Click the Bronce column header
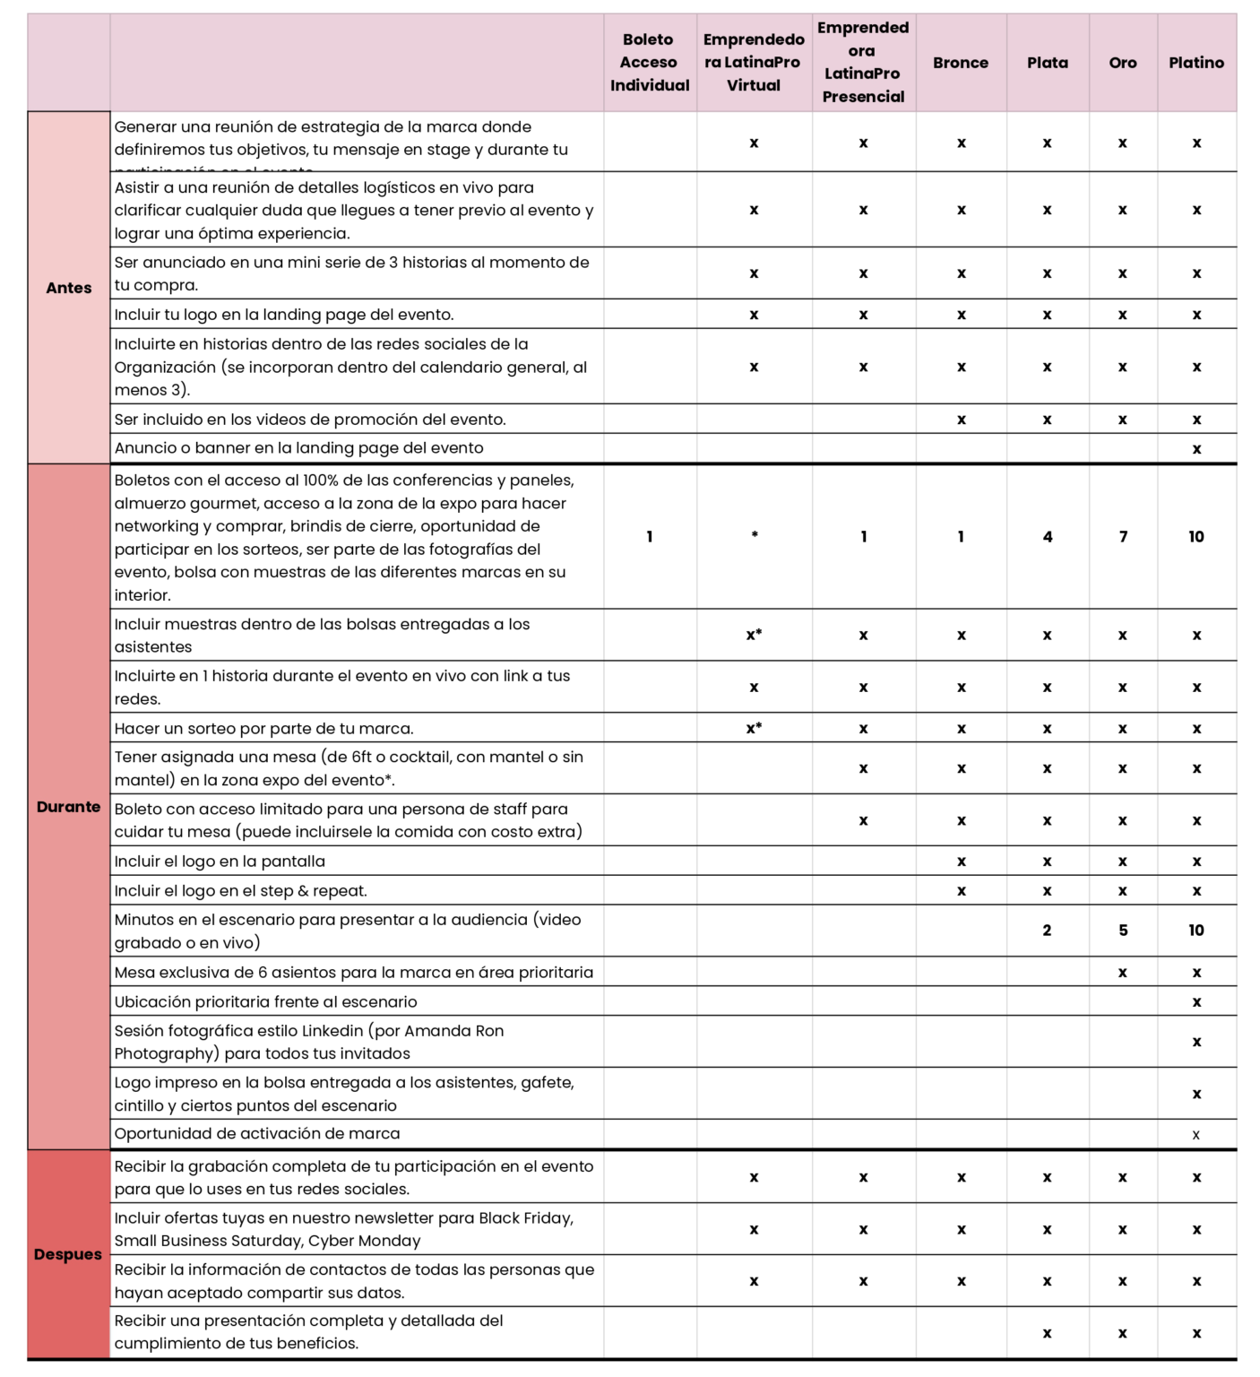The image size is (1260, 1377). click(960, 63)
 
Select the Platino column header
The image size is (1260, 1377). click(1195, 63)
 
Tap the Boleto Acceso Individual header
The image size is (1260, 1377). click(649, 63)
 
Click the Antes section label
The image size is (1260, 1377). click(69, 288)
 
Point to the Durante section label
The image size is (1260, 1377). click(68, 807)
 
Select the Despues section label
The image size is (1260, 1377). click(68, 1254)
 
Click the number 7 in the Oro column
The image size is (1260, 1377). click(1123, 537)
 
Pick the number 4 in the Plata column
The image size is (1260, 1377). click(1047, 537)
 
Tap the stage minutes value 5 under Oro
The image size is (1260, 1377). click(1123, 931)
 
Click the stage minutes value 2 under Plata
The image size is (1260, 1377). click(1047, 931)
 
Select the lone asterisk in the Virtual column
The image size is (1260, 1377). click(755, 535)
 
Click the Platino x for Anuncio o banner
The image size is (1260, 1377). click(1196, 449)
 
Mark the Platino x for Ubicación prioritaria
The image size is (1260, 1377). click(1196, 1002)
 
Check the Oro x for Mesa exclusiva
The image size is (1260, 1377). click(1122, 973)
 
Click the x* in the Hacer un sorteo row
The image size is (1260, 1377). click(754, 728)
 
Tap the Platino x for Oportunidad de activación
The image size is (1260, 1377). click(1195, 1135)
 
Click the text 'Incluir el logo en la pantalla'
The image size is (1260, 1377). click(220, 862)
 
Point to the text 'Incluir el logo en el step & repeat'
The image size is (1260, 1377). click(240, 891)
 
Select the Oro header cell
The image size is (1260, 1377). click(1122, 63)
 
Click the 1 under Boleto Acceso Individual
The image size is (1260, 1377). click(649, 537)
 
